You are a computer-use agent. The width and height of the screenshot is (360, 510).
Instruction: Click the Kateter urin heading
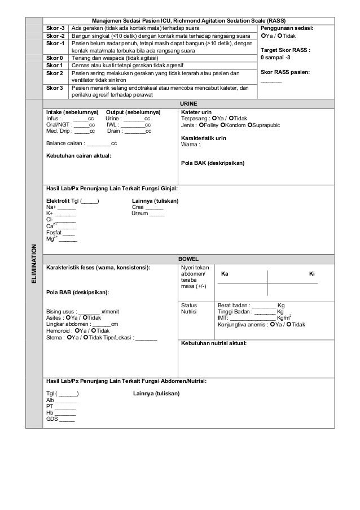[196, 112]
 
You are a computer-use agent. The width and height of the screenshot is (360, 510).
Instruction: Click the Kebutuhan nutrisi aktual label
[213, 343]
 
